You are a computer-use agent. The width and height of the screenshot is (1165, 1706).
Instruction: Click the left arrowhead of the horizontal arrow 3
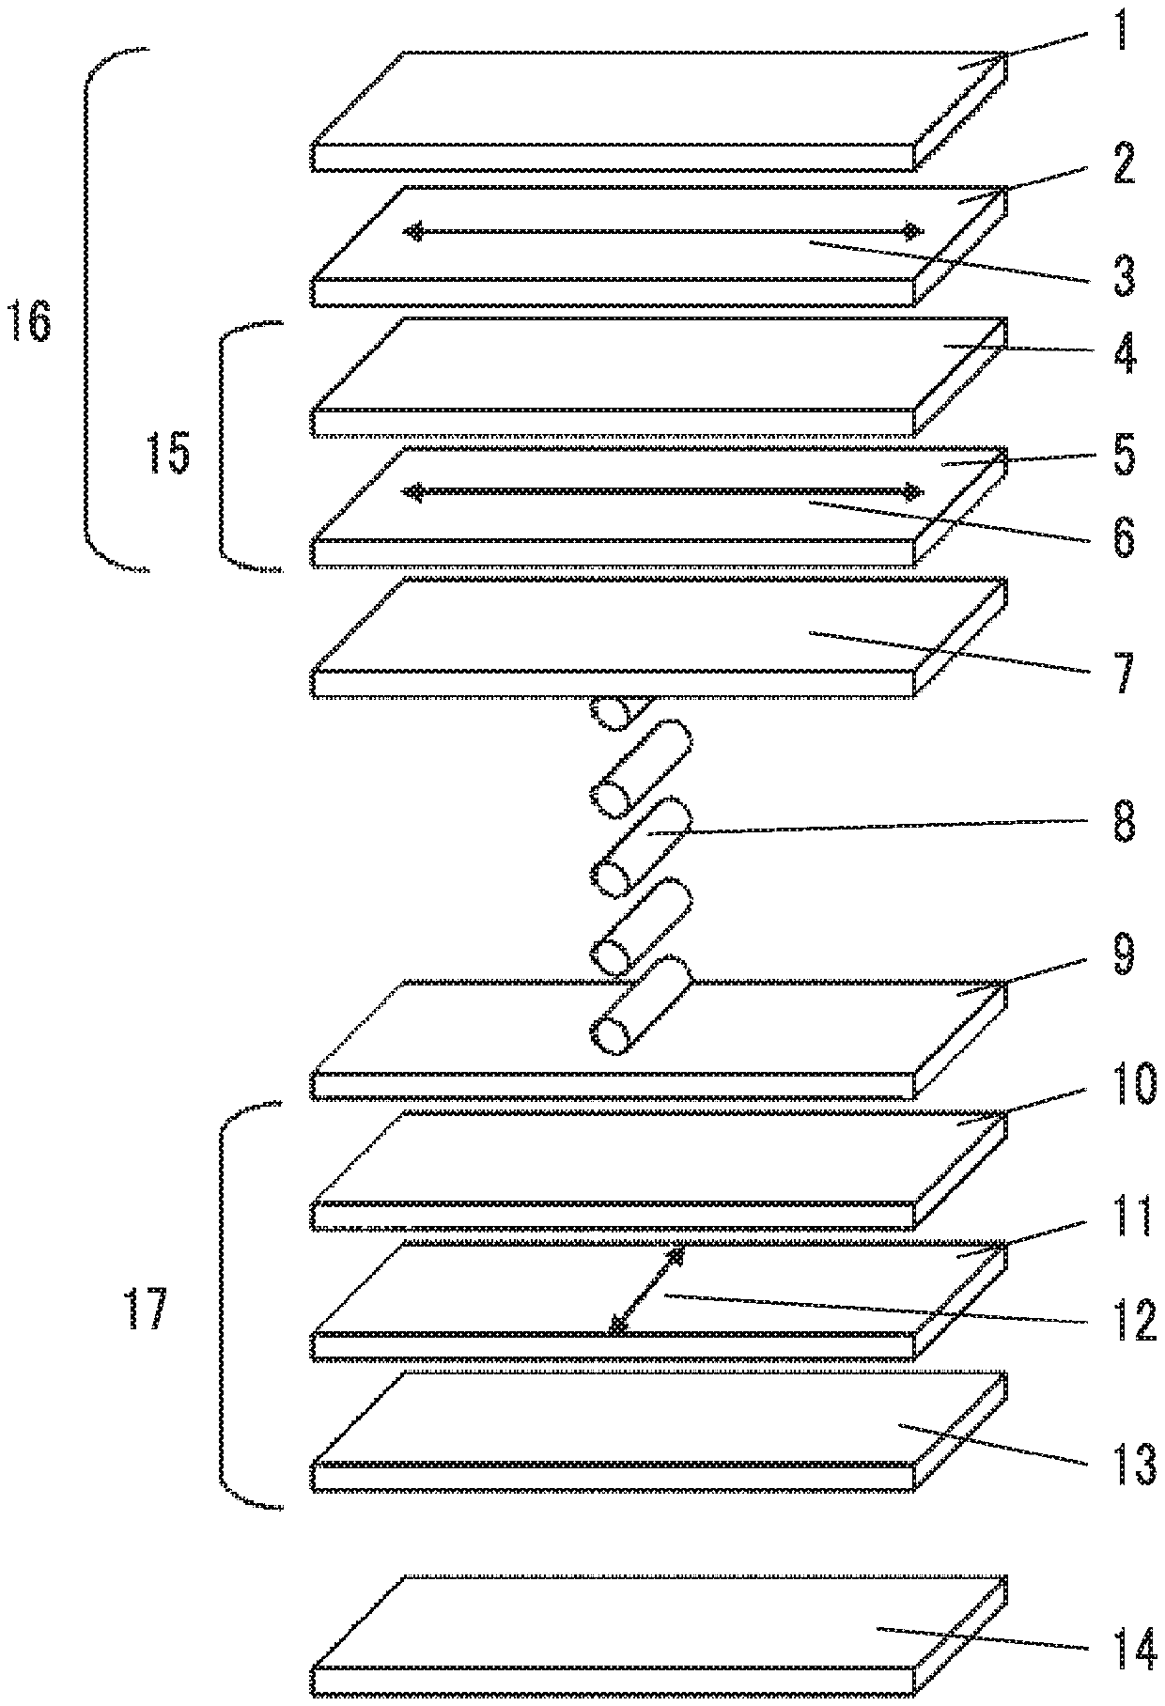click(x=411, y=232)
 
